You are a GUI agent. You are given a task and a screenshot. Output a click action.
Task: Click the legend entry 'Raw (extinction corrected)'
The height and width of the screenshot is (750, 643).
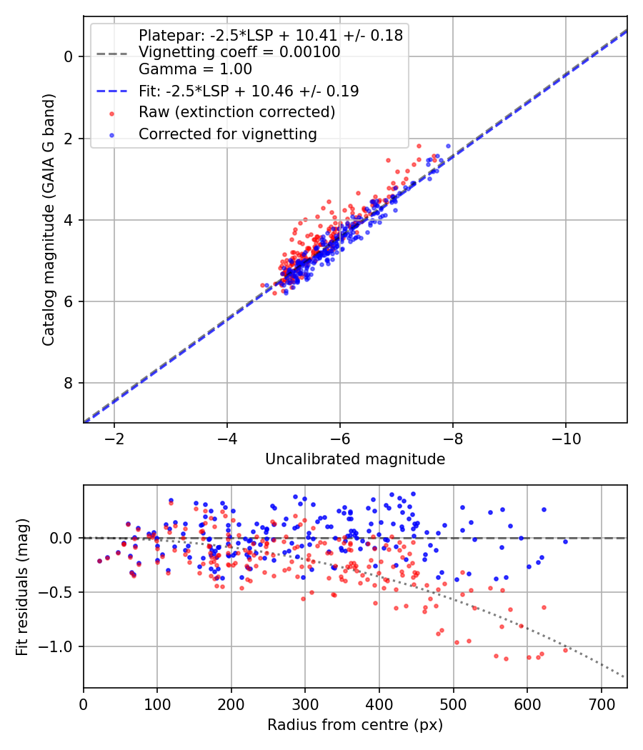tap(236, 112)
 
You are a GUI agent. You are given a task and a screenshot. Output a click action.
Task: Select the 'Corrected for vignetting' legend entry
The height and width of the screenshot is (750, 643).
tap(227, 134)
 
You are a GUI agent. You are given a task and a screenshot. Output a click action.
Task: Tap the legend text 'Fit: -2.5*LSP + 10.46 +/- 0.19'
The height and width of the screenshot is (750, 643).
tap(248, 91)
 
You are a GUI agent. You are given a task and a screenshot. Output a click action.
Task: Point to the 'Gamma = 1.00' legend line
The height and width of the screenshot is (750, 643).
tap(195, 69)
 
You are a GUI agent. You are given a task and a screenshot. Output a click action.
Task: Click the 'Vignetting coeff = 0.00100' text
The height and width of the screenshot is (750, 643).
tap(239, 52)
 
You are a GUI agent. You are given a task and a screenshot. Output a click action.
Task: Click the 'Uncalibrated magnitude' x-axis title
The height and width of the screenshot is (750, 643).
tap(355, 459)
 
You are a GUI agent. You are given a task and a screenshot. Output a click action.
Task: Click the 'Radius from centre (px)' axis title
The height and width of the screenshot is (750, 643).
tap(355, 725)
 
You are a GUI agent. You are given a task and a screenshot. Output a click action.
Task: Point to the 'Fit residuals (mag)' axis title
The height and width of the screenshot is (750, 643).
tap(22, 586)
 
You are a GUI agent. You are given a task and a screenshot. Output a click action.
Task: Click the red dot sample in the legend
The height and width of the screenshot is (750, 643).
tap(111, 113)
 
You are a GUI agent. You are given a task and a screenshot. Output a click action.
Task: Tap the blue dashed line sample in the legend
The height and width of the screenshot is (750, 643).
tap(111, 91)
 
